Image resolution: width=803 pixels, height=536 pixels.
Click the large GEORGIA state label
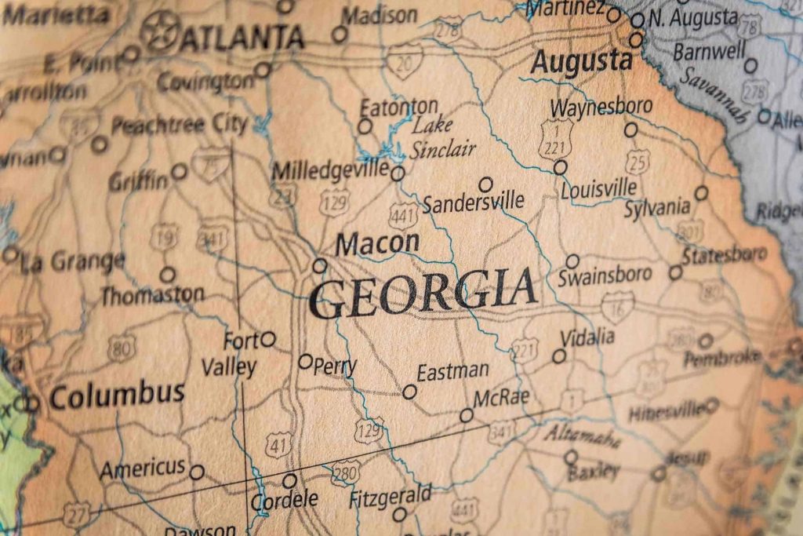[x=423, y=292]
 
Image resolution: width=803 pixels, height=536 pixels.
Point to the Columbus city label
[x=117, y=394]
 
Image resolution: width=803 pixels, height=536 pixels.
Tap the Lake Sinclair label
[x=443, y=137]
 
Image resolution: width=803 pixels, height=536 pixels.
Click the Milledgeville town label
[x=330, y=170]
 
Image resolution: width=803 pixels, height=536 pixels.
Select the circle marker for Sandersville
[x=485, y=184]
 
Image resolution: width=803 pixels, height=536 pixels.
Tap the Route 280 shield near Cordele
[x=345, y=472]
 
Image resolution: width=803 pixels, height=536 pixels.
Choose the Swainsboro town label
[x=605, y=275]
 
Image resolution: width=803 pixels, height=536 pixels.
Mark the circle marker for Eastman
[x=409, y=391]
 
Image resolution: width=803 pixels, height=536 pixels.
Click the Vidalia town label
[x=587, y=337]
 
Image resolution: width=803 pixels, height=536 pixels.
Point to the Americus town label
[x=142, y=469]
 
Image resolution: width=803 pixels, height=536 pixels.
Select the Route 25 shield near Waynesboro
[x=638, y=161]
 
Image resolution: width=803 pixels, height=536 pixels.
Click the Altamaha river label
[x=582, y=435]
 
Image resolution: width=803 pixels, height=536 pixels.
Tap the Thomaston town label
[x=151, y=296]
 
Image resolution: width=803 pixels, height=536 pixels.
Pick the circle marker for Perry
[x=305, y=362]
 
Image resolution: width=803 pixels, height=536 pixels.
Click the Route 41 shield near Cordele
[x=278, y=444]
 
